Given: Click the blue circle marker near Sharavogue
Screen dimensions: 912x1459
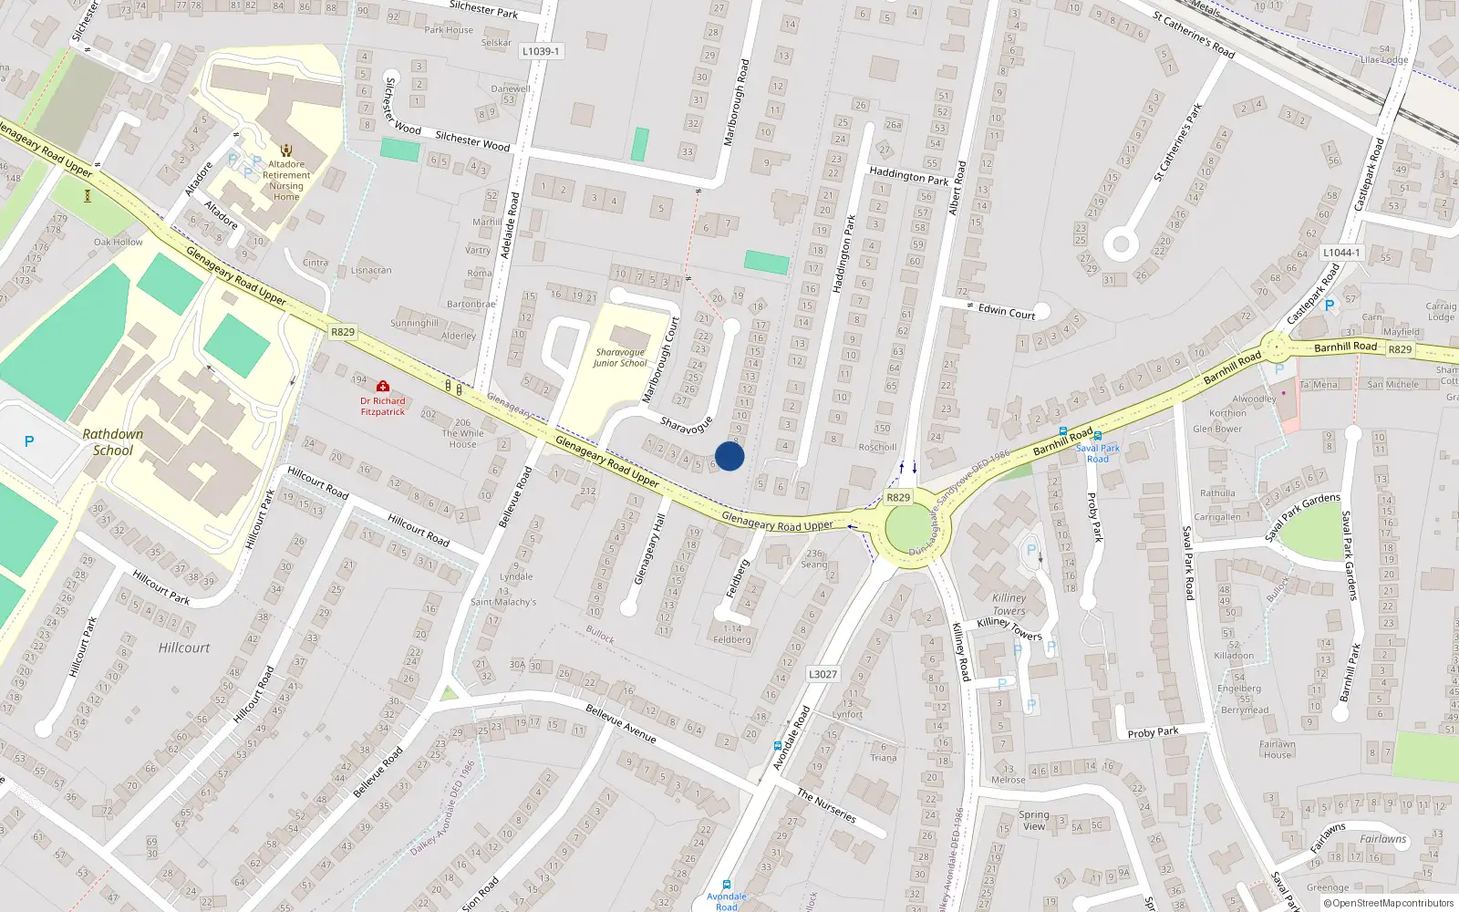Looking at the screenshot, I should point(729,456).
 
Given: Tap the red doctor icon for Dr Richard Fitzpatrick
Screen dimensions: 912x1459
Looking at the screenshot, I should point(383,387).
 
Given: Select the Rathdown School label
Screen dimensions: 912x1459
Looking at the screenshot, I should point(113,442).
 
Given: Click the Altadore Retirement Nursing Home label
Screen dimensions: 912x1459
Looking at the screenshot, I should point(286,181).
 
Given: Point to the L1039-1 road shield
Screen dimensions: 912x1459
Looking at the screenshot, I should point(541,51).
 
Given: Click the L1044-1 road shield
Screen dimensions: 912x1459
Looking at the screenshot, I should point(1341,253).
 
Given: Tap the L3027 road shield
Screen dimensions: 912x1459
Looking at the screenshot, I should point(823,674).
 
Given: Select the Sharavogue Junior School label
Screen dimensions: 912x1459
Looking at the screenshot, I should point(620,358).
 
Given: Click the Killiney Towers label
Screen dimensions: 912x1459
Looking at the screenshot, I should point(1009,605).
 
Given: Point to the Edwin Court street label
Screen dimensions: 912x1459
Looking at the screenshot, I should point(1007,312).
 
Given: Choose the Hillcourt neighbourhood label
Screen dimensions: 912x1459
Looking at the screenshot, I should point(184,648).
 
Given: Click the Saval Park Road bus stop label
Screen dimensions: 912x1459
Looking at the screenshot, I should point(1098,453).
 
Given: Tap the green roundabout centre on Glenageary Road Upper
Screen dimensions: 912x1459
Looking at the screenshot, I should point(907,528).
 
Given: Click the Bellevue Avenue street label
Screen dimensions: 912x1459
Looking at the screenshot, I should point(621,723).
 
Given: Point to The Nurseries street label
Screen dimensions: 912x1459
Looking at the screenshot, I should point(826,806).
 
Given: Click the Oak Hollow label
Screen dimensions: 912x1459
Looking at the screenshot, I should point(119,243).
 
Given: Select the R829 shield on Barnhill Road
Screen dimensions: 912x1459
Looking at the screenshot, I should point(1400,349).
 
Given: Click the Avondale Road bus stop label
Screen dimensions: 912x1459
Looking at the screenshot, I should point(727,901).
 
